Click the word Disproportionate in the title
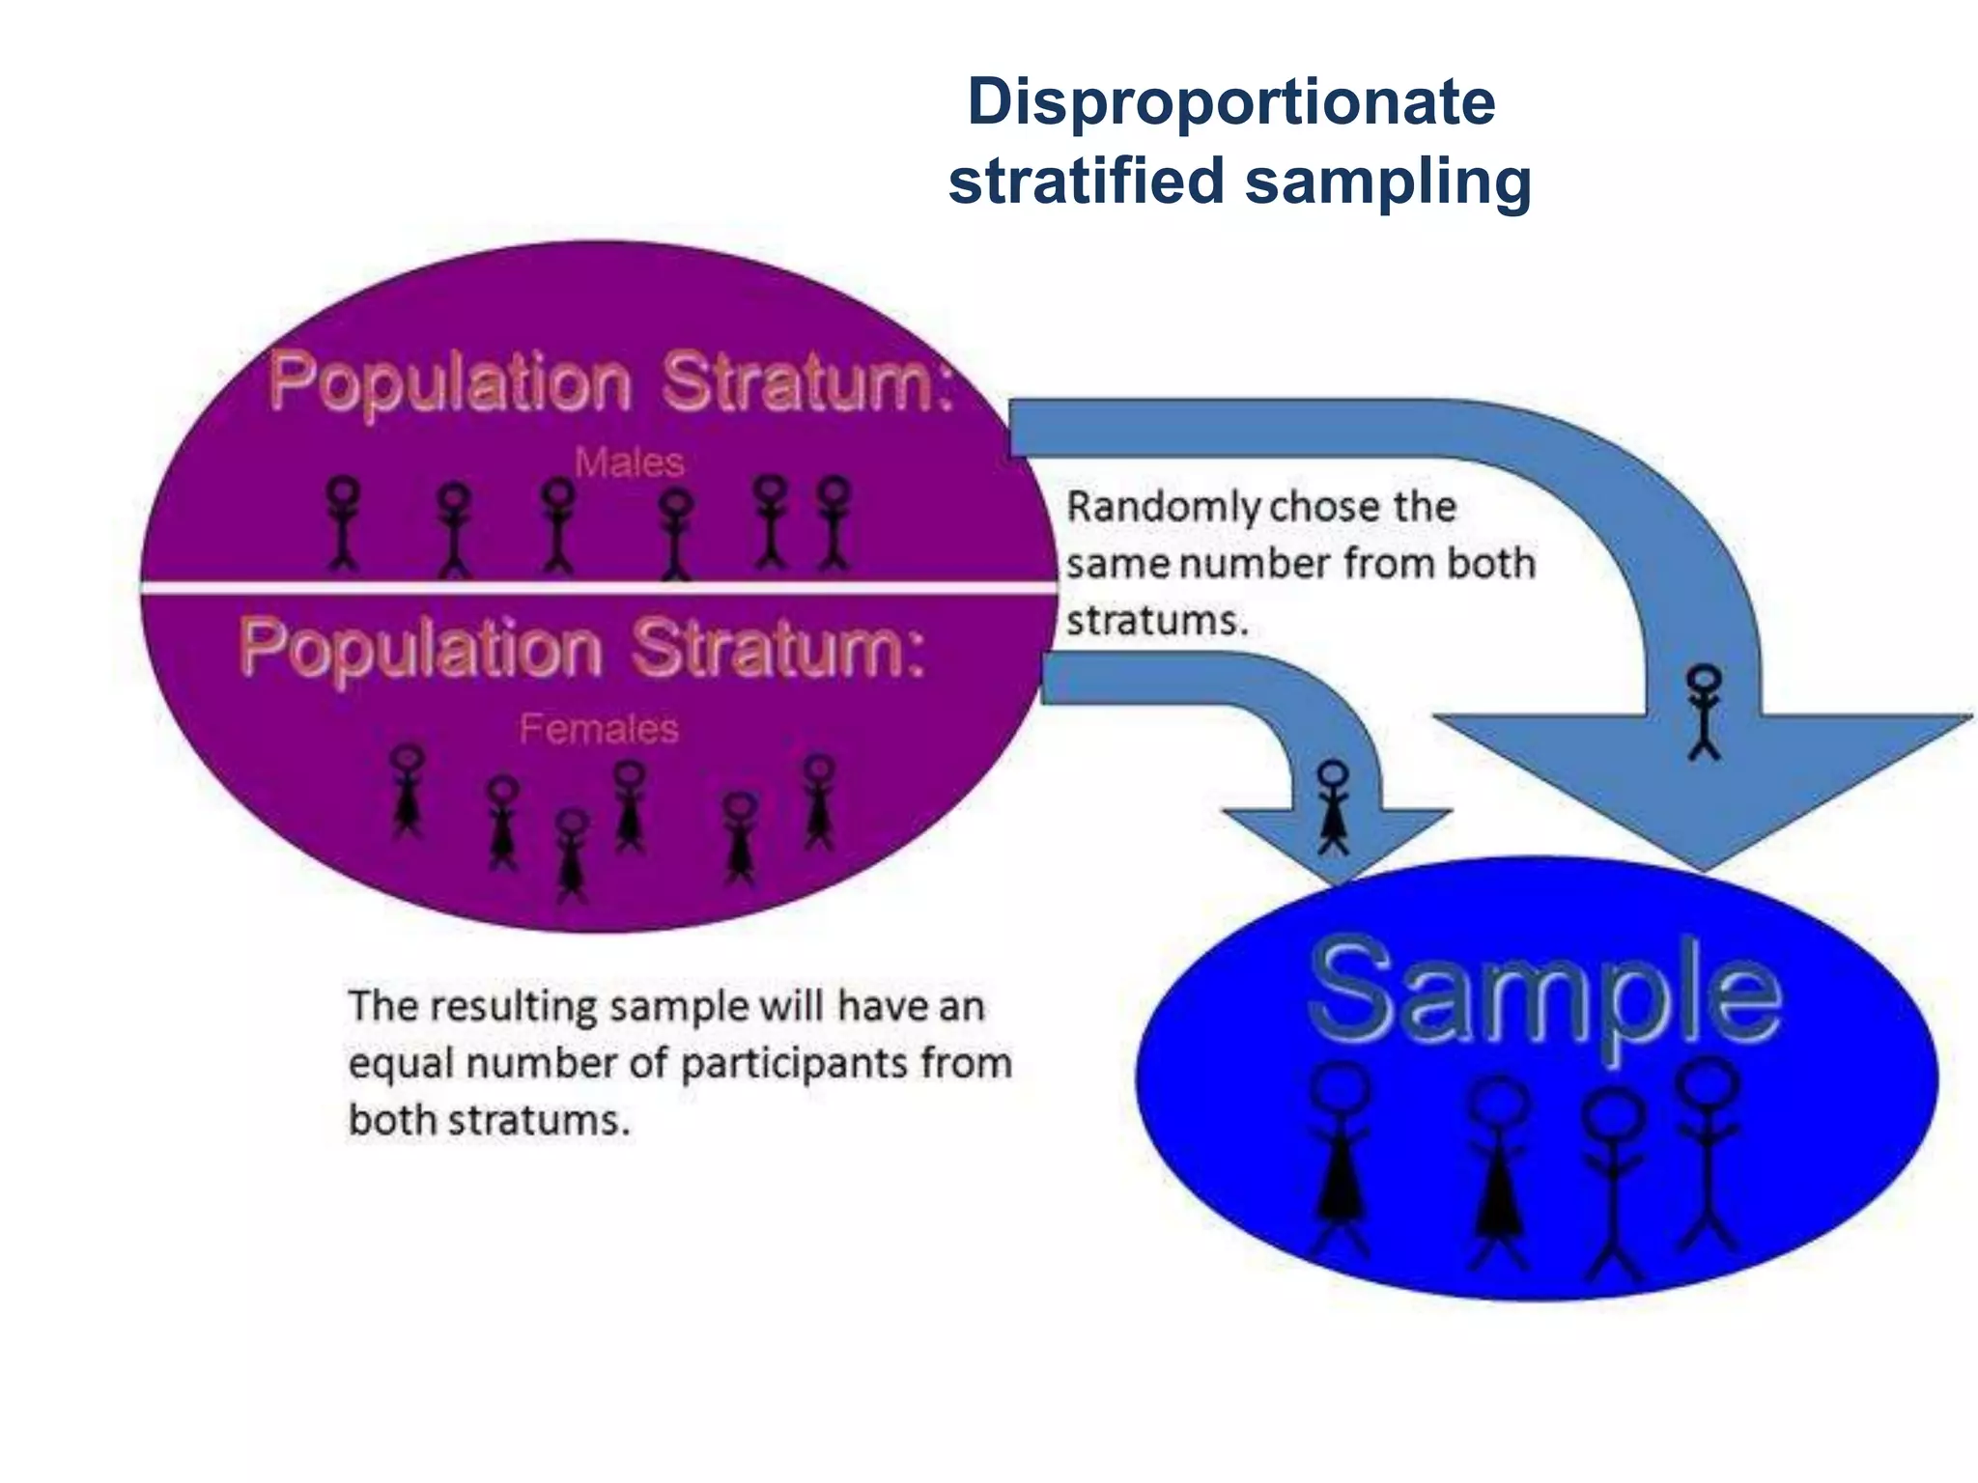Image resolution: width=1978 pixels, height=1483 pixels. click(x=1231, y=102)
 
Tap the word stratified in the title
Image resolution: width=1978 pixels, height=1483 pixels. click(x=1087, y=181)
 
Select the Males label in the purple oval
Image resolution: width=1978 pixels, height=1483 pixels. click(x=629, y=462)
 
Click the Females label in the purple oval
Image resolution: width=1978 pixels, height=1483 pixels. click(x=599, y=729)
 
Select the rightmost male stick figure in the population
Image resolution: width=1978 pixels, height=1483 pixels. click(x=834, y=522)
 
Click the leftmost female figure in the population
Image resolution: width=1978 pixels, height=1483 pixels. click(x=408, y=790)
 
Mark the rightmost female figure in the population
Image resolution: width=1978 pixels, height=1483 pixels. click(x=819, y=801)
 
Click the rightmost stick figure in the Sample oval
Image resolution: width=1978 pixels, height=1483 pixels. click(x=1708, y=1154)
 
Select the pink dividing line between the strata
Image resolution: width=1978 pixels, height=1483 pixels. click(x=599, y=587)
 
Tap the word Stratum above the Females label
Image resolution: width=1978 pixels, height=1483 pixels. click(x=778, y=648)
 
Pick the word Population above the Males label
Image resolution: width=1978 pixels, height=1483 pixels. click(x=450, y=382)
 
